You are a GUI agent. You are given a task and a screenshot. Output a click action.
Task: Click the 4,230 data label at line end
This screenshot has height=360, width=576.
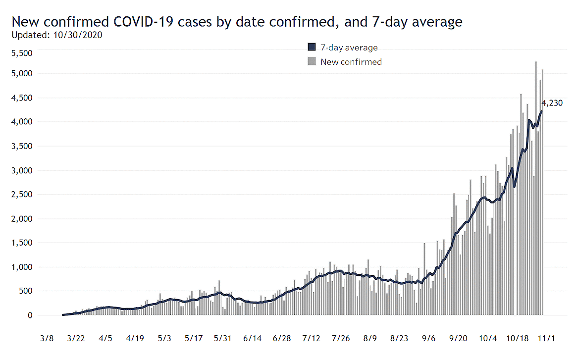click(x=552, y=103)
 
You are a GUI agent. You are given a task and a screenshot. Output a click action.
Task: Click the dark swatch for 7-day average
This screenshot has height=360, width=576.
click(x=312, y=48)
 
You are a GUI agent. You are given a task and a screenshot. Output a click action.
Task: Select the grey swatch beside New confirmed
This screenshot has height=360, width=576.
click(x=312, y=62)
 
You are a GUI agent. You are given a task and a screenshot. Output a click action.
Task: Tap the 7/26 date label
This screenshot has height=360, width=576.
click(x=341, y=339)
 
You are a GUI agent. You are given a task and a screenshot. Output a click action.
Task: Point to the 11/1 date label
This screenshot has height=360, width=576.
click(x=546, y=339)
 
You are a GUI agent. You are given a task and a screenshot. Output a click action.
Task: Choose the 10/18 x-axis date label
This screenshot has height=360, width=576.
click(x=517, y=339)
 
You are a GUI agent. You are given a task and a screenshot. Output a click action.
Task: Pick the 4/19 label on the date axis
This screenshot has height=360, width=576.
click(x=135, y=339)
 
